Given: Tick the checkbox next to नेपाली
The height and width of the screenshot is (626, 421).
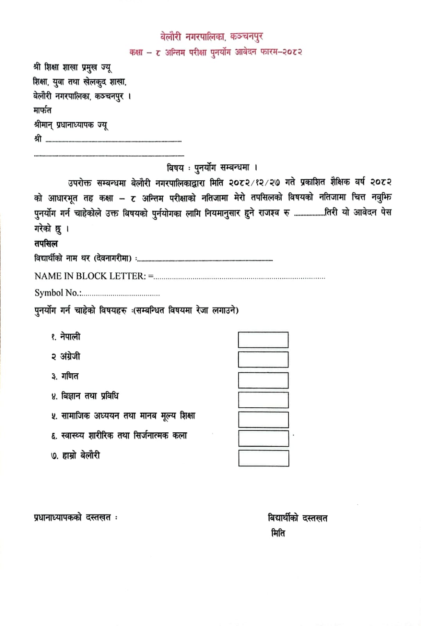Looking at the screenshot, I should (263, 340).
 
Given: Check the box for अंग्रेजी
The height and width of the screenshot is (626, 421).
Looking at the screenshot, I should (263, 359).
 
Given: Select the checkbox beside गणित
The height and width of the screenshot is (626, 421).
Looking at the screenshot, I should (263, 380).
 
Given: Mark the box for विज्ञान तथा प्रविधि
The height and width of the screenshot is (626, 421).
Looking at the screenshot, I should (263, 400).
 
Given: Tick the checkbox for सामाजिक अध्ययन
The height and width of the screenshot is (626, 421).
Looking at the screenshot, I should (263, 419).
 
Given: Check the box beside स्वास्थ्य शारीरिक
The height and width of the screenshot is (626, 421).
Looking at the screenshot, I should (263, 438).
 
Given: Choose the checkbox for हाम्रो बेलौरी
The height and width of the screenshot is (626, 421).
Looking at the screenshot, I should (263, 458).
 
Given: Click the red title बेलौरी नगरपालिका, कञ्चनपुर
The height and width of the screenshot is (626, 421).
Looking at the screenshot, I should (211, 37).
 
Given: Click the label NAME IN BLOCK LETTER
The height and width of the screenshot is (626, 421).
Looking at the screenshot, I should (90, 276).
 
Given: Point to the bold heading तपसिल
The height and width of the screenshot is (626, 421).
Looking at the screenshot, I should (46, 243).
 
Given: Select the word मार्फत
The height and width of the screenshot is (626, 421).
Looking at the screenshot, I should (42, 110).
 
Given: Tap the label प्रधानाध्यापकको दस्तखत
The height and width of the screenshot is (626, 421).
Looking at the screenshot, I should (72, 517).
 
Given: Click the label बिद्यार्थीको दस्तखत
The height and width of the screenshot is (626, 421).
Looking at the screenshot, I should (297, 518).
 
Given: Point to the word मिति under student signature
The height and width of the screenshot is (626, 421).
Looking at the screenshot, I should (278, 533).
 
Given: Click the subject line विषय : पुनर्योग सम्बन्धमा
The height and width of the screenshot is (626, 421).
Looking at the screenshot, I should (211, 168).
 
